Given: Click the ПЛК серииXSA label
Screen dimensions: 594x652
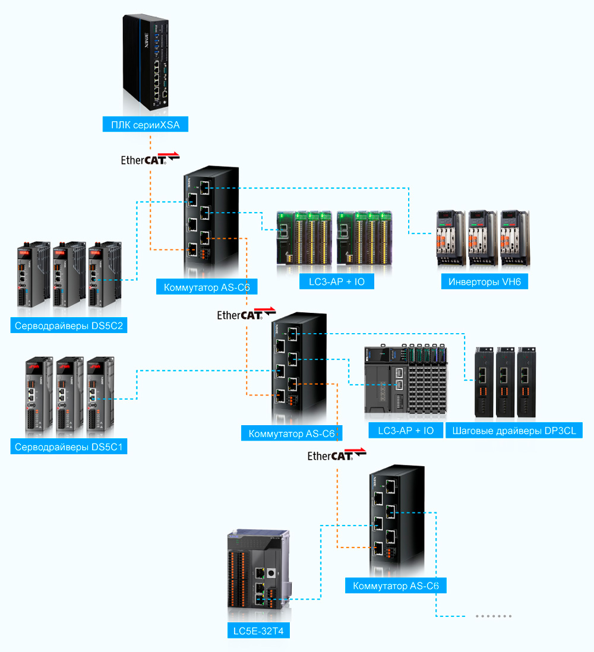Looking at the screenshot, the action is coord(145,124).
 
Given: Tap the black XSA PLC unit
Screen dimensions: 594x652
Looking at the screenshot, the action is coord(146,62).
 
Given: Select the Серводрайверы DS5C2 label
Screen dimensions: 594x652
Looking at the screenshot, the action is coord(69,325).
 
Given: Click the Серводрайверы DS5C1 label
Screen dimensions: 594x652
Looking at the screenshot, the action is coord(69,447).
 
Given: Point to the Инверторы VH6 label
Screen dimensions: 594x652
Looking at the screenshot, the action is coord(485,281).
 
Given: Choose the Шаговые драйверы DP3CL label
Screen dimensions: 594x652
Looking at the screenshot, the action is coord(514,431).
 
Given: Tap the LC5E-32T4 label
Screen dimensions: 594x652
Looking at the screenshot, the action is coord(258,631).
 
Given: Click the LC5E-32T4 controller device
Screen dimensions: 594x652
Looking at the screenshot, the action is coord(259,569).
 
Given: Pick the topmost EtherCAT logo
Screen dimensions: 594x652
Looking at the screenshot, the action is coord(150,159).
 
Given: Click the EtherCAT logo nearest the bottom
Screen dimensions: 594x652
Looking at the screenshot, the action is coord(337,455).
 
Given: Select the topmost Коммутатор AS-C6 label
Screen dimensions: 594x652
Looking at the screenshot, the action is coord(207,287).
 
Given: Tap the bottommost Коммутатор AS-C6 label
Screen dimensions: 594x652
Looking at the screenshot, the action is coord(396,585).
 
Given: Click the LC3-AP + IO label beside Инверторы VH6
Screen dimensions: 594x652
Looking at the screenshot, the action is coord(337,281).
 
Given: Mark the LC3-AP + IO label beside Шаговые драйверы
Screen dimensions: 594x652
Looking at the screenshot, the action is coord(406,431).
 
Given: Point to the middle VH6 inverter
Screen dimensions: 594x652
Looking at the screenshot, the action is coord(483,238).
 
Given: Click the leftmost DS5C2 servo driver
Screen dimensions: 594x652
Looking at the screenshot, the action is coord(33,274).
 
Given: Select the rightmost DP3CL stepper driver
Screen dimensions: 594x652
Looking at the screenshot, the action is coord(526,382).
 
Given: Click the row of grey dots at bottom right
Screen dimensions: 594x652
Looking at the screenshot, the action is coord(494,616).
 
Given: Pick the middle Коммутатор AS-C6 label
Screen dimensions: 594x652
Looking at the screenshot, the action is coord(292,433).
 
